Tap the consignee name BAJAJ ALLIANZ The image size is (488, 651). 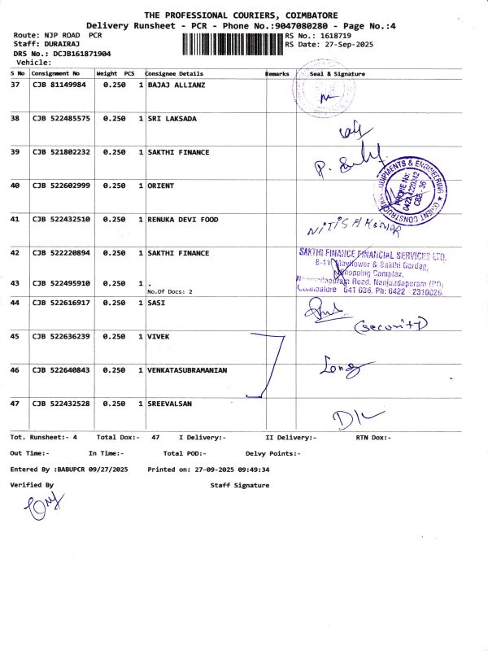pyautogui.click(x=176, y=85)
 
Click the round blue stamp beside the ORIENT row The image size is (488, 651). pyautogui.click(x=409, y=189)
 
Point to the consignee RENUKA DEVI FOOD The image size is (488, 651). pyautogui.click(x=183, y=219)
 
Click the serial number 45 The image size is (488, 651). pyautogui.click(x=15, y=336)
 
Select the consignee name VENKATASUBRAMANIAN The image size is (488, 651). pyautogui.click(x=187, y=370)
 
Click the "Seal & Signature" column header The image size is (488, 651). pyautogui.click(x=338, y=73)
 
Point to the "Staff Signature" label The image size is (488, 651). pyautogui.click(x=239, y=485)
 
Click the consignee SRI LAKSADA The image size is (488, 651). pyautogui.click(x=172, y=119)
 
